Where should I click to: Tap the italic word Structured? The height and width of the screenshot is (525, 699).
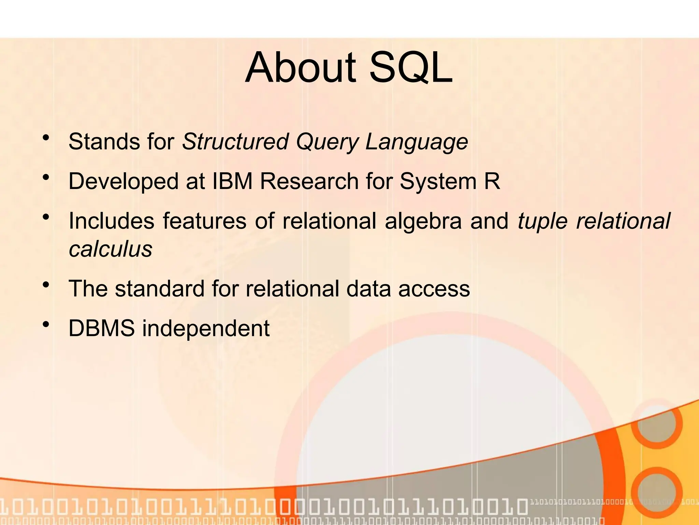[x=235, y=142]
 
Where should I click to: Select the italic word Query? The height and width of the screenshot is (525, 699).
[x=327, y=142]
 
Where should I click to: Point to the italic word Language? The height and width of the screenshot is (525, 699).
[x=416, y=142]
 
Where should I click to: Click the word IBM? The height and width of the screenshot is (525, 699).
[x=232, y=181]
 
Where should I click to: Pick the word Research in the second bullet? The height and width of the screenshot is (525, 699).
[x=309, y=181]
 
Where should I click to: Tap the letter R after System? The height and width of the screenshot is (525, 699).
[x=492, y=181]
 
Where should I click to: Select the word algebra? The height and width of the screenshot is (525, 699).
[x=423, y=221]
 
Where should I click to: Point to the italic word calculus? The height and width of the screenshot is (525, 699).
[x=110, y=249]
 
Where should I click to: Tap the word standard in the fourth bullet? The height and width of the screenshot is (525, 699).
[x=159, y=288]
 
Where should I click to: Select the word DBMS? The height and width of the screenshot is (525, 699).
[x=102, y=328]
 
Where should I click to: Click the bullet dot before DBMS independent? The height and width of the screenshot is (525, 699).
[x=46, y=325]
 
